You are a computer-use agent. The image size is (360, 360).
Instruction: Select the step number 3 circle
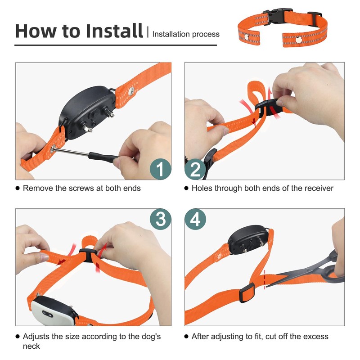160,220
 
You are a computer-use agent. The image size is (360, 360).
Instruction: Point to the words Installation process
186,34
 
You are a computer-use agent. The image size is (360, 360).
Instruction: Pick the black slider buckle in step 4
246,295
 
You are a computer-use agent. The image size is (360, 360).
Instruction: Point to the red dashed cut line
265,279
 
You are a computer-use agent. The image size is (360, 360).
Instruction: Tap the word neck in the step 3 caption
31,346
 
